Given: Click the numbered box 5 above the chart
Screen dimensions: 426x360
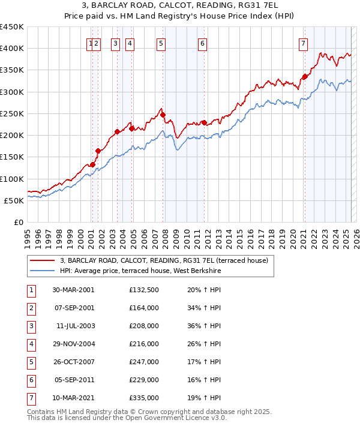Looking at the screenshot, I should [x=162, y=43].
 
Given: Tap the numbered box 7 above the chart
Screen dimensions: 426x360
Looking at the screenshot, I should [x=304, y=43].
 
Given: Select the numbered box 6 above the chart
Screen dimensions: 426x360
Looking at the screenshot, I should [x=203, y=43].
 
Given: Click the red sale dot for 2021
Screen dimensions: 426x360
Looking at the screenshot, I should [x=304, y=76].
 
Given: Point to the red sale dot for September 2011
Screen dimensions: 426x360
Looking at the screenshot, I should [x=204, y=122].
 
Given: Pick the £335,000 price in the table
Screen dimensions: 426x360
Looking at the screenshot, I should [x=143, y=397].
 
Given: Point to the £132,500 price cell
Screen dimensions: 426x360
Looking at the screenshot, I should [x=143, y=289].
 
